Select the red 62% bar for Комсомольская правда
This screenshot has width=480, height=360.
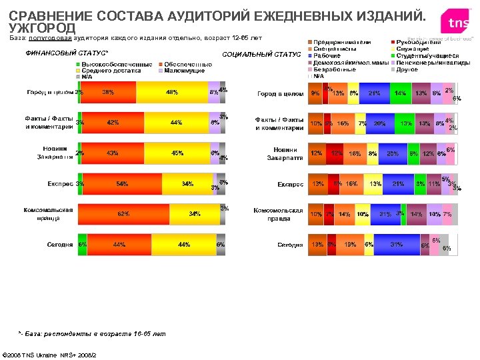(123, 214)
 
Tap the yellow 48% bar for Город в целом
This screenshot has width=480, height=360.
(172, 92)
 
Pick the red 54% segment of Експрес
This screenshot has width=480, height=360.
(122, 184)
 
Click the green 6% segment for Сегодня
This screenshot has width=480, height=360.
(82, 245)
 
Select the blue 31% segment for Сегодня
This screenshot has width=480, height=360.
(397, 245)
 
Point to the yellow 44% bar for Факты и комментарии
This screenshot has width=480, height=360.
(176, 123)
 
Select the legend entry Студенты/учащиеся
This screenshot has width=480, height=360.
(427, 55)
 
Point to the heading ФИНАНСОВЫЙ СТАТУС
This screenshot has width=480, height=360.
(67, 53)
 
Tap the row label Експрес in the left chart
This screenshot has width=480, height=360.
(60, 184)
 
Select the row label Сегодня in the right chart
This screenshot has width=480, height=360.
(291, 245)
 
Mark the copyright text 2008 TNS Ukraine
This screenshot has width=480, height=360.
(50, 354)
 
